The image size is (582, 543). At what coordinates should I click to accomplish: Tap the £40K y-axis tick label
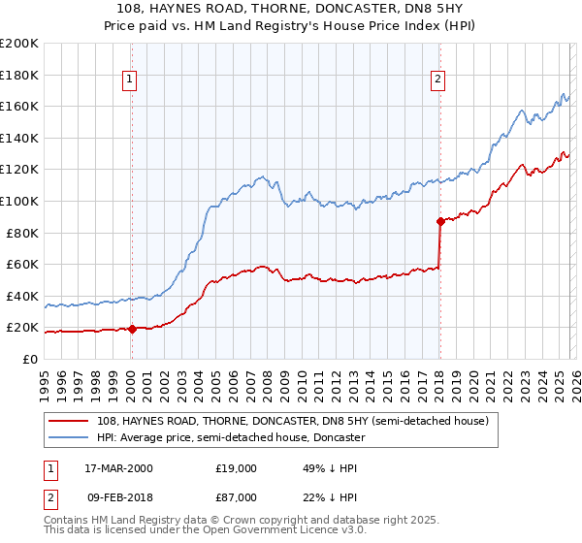[x=21, y=296]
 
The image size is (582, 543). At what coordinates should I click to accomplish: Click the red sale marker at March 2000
[x=132, y=329]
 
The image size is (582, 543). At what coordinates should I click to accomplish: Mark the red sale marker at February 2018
[x=440, y=221]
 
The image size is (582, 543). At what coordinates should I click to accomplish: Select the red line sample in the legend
[x=70, y=421]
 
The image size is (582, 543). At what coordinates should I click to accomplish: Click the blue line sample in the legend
[x=70, y=437]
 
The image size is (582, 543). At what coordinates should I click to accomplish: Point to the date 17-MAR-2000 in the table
[x=118, y=468]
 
